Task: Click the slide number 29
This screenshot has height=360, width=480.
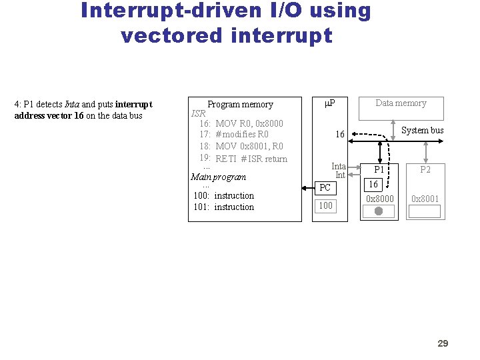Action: pos(443,343)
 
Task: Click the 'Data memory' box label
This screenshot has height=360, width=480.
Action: pos(401,103)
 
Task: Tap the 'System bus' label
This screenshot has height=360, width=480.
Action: pos(422,130)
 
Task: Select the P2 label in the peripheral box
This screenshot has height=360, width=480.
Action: pos(425,169)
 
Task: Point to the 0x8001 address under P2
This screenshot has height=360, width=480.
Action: pos(425,199)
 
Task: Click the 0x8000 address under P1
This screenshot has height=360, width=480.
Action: pos(380,199)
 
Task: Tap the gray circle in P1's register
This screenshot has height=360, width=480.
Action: pos(379,211)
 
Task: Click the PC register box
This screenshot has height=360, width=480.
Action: pos(325,187)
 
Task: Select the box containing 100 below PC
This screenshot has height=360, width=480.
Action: pos(325,205)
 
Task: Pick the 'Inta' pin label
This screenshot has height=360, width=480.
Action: pos(339,166)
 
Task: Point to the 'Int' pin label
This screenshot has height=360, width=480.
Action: pos(340,175)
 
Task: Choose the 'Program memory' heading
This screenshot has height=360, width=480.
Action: pos(240,104)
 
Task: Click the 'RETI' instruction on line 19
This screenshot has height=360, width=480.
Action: pos(226,159)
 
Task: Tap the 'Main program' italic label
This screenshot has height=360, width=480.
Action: pos(218,177)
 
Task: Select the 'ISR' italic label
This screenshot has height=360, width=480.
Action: pos(199,113)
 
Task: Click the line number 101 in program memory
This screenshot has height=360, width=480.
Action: pos(201,207)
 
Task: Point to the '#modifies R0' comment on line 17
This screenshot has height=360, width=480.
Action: pos(242,134)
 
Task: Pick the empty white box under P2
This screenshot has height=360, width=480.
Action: pos(425,211)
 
